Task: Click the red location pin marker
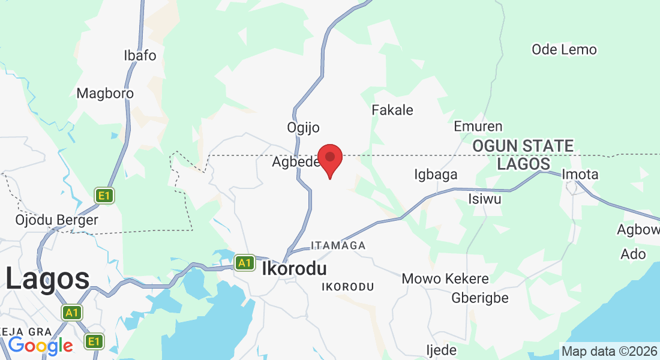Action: [330, 159]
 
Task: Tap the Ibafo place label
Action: [140, 56]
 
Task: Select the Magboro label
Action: [105, 94]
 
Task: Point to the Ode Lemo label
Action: [564, 50]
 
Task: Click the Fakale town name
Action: [392, 110]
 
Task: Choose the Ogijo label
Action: [303, 128]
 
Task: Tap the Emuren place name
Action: [478, 127]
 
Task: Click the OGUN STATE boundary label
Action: [523, 146]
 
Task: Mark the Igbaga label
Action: [436, 175]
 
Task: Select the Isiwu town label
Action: [484, 199]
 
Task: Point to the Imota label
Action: [580, 175]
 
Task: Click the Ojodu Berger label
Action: [56, 220]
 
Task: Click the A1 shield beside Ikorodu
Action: [244, 263]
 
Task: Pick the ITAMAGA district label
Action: [338, 245]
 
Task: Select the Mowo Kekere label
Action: [445, 279]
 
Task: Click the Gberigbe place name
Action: [480, 298]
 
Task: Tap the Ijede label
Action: [441, 350]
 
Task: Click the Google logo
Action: [40, 346]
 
